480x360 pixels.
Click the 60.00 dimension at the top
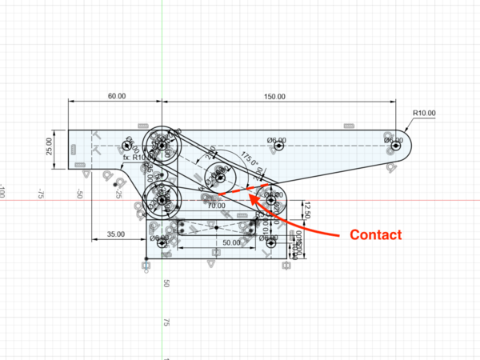pos(116,96)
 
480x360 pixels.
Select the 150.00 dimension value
pos(274,96)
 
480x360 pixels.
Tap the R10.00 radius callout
pos(424,113)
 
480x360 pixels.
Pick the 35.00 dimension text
pos(116,234)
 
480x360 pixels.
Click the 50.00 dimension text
pos(231,242)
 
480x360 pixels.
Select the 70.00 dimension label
pos(216,205)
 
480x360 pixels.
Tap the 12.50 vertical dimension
pos(305,210)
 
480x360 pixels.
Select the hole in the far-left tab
pos(127,146)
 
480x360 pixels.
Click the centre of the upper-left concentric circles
pos(163,146)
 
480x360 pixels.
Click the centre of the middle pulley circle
pos(218,175)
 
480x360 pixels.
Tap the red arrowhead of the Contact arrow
pos(251,194)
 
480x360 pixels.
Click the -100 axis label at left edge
pos(3,192)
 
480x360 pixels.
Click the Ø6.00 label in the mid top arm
pos(277,141)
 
